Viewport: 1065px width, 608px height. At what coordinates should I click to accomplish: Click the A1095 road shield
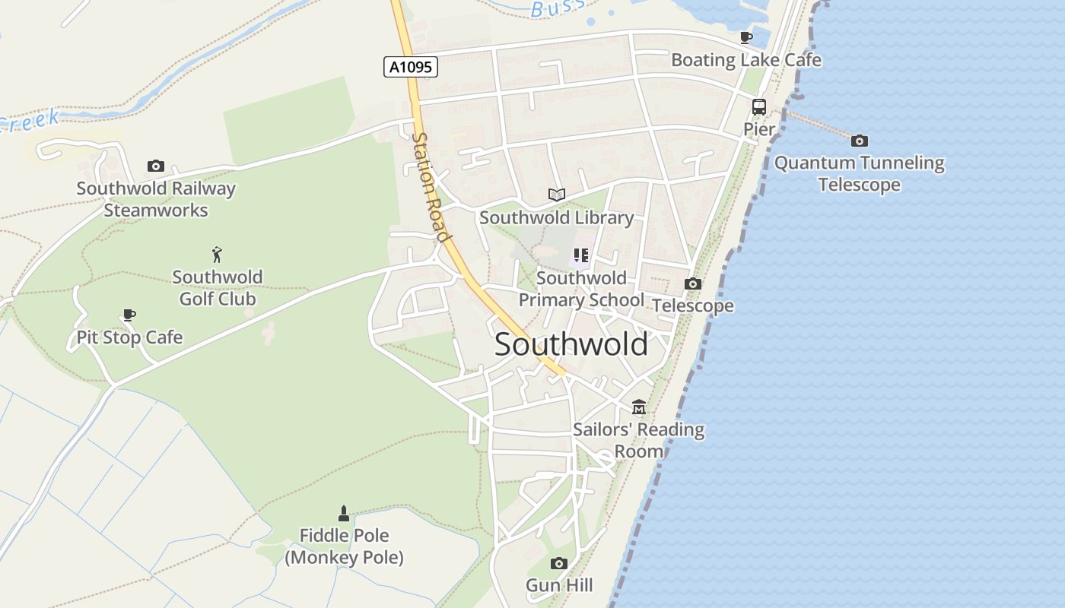point(410,67)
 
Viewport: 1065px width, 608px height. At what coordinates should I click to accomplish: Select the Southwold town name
point(571,344)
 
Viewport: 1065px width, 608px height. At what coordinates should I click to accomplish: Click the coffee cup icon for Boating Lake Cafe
point(746,37)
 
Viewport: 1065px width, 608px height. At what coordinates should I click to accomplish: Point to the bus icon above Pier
point(758,107)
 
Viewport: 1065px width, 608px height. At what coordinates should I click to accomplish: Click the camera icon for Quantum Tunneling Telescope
point(860,141)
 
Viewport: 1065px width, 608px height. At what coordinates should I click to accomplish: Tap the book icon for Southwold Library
point(557,195)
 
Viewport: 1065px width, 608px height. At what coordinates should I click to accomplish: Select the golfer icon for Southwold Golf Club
point(218,255)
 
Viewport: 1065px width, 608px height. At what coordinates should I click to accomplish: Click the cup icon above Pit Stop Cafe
point(129,315)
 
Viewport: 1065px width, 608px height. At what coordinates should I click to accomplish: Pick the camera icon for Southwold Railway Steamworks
point(156,166)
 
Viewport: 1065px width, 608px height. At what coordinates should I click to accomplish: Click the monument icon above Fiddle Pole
point(344,514)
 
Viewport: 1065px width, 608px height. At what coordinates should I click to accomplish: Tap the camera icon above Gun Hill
point(559,563)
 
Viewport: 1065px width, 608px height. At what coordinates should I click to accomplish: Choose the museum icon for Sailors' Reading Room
point(639,407)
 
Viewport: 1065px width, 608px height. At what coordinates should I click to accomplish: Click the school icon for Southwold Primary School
point(581,255)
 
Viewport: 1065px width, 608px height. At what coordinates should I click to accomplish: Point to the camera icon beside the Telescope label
point(693,283)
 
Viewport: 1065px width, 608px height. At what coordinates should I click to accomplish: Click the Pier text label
point(758,129)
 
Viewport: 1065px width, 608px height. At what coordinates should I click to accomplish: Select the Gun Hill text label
point(559,585)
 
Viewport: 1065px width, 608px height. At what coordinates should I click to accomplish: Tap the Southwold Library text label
point(556,217)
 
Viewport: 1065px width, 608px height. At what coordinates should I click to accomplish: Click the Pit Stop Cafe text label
point(129,337)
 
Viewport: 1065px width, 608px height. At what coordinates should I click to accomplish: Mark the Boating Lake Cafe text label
point(746,59)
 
